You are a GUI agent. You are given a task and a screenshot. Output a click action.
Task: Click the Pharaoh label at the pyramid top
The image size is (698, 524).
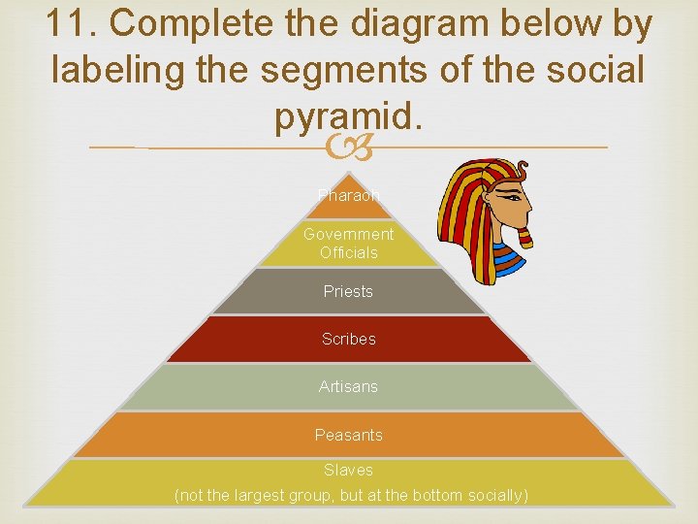click(348, 195)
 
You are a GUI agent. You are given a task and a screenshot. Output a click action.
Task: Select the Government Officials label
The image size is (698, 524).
click(348, 243)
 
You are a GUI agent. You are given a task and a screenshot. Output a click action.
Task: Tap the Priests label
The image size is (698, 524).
click(348, 291)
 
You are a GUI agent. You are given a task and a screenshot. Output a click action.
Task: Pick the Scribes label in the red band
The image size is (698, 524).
click(348, 339)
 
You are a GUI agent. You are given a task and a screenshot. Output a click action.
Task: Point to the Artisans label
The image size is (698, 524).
click(348, 386)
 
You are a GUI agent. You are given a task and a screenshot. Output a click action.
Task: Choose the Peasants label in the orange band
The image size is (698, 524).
click(348, 435)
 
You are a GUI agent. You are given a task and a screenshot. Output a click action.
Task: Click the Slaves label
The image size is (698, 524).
click(348, 470)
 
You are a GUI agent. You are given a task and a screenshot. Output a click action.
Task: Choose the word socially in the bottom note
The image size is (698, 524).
click(493, 496)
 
